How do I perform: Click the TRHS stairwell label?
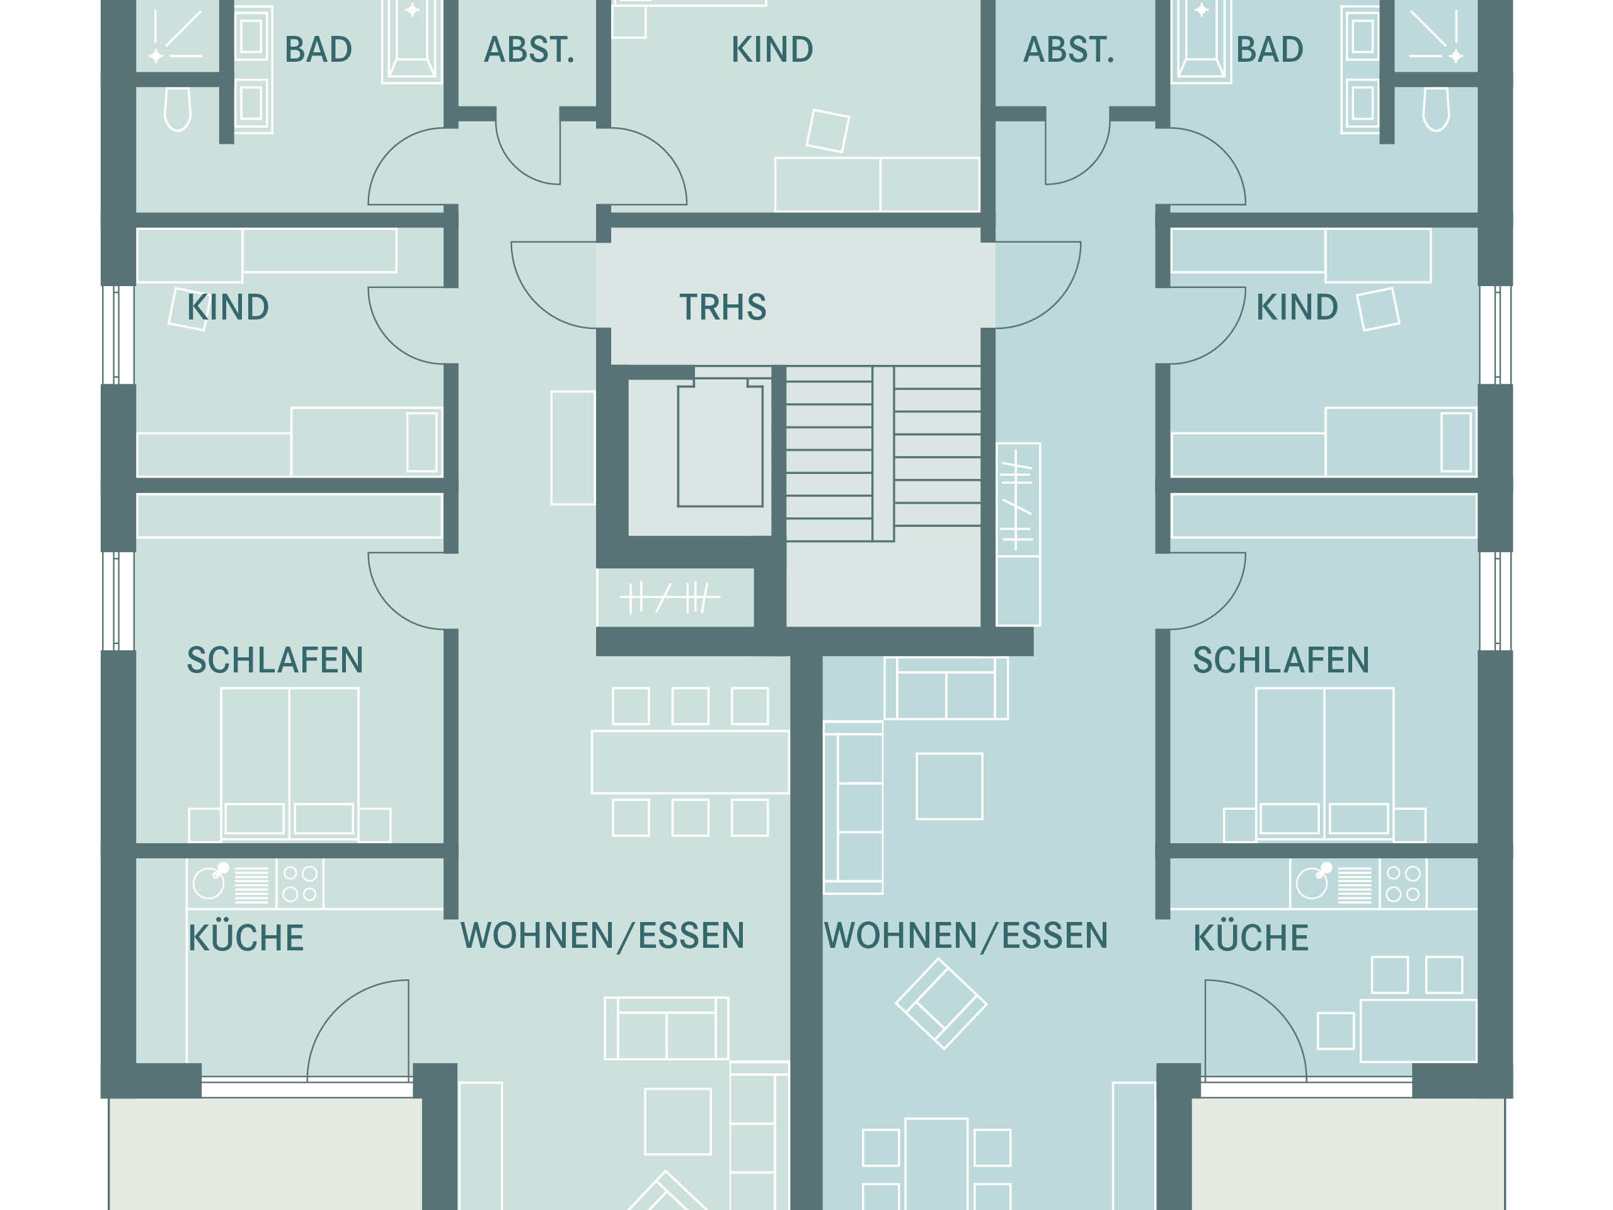723,307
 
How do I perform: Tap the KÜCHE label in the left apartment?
246,937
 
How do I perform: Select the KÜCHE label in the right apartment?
1251,937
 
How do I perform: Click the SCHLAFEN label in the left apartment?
275,660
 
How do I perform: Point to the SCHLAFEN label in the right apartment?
1281,660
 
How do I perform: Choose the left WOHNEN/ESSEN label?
602,936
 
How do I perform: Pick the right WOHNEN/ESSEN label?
965,936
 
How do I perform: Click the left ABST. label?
529,50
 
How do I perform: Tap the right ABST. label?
1069,50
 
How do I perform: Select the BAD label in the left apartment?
318,50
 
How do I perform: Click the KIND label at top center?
772,50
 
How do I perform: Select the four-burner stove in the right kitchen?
1403,884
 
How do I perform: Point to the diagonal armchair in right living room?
941,1003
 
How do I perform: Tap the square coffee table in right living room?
950,786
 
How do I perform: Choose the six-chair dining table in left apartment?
690,761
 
